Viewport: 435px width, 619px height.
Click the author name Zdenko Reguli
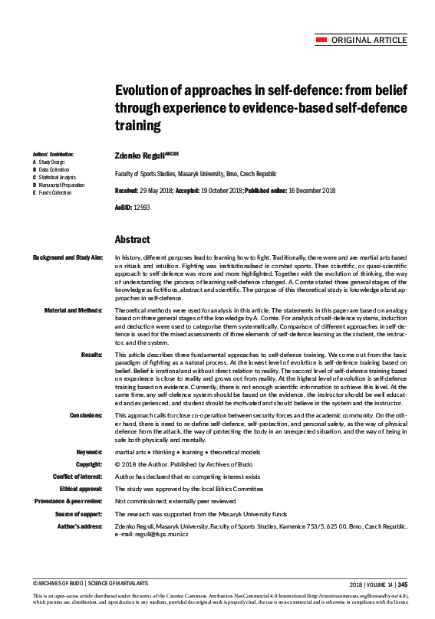click(139, 154)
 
